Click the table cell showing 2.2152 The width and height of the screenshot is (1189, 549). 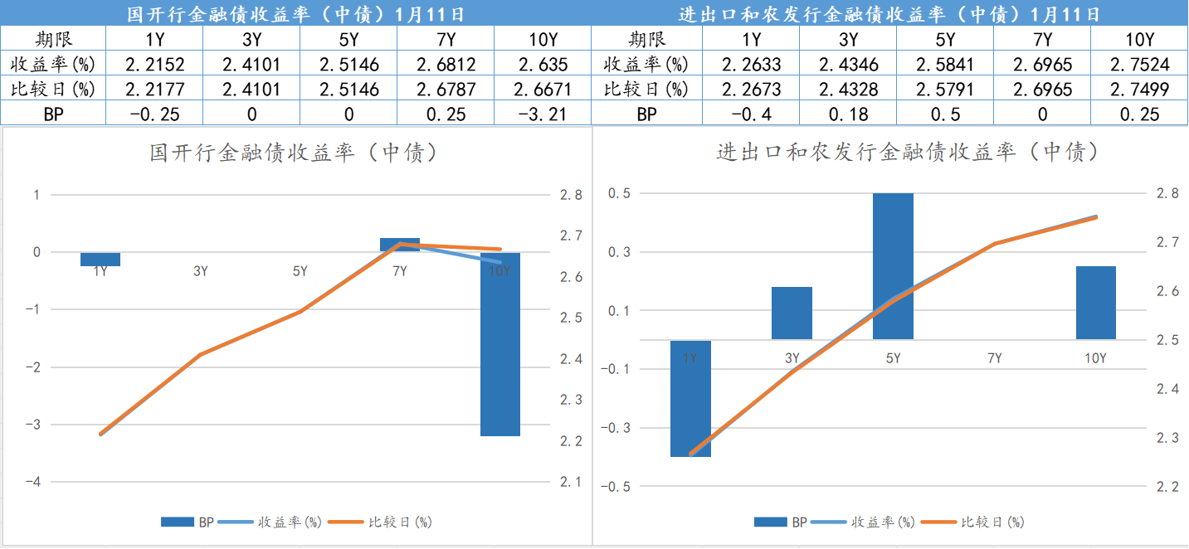[x=154, y=64]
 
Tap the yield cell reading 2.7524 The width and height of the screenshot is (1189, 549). [x=1139, y=64]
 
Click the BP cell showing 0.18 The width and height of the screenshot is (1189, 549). [x=848, y=114]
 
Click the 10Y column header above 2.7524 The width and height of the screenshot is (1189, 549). [x=1139, y=39]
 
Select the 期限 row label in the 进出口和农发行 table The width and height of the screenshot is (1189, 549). [x=646, y=39]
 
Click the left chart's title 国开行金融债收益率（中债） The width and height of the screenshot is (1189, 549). [x=293, y=153]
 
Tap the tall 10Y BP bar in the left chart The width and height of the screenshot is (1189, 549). [x=500, y=344]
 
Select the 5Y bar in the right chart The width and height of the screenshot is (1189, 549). [x=893, y=265]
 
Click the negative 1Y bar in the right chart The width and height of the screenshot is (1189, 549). [x=690, y=398]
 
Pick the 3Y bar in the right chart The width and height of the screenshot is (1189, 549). [x=792, y=313]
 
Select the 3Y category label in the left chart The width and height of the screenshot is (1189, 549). [x=201, y=271]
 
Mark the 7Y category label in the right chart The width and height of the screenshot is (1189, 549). [x=994, y=358]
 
